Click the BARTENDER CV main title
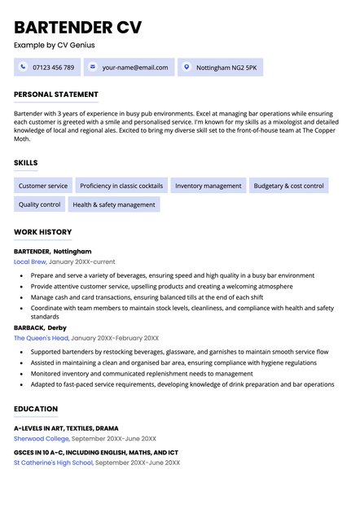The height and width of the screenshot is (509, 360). pyautogui.click(x=77, y=27)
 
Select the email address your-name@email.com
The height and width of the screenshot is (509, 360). pyautogui.click(x=135, y=68)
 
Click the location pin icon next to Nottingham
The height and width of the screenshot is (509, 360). pyautogui.click(x=186, y=67)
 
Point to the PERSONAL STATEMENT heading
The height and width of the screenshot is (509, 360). pyautogui.click(x=56, y=94)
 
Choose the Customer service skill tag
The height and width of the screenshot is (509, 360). pyautogui.click(x=43, y=186)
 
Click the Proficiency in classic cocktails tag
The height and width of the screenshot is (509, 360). pyautogui.click(x=121, y=186)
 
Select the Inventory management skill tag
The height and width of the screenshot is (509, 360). pyautogui.click(x=209, y=186)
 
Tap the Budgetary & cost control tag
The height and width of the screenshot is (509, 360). pyautogui.click(x=288, y=186)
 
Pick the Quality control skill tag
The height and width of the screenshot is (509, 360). pyautogui.click(x=40, y=204)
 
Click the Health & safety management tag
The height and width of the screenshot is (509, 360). pyautogui.click(x=114, y=204)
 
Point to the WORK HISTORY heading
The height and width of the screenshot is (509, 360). pyautogui.click(x=43, y=232)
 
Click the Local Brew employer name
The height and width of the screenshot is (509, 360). pyautogui.click(x=30, y=263)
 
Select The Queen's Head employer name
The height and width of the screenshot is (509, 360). pyautogui.click(x=41, y=338)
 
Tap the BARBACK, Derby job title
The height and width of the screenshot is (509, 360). pyautogui.click(x=41, y=327)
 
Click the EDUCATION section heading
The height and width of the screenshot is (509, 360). pyautogui.click(x=36, y=409)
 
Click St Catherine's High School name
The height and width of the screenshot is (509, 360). pyautogui.click(x=54, y=463)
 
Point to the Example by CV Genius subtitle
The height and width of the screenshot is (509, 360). pyautogui.click(x=55, y=45)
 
